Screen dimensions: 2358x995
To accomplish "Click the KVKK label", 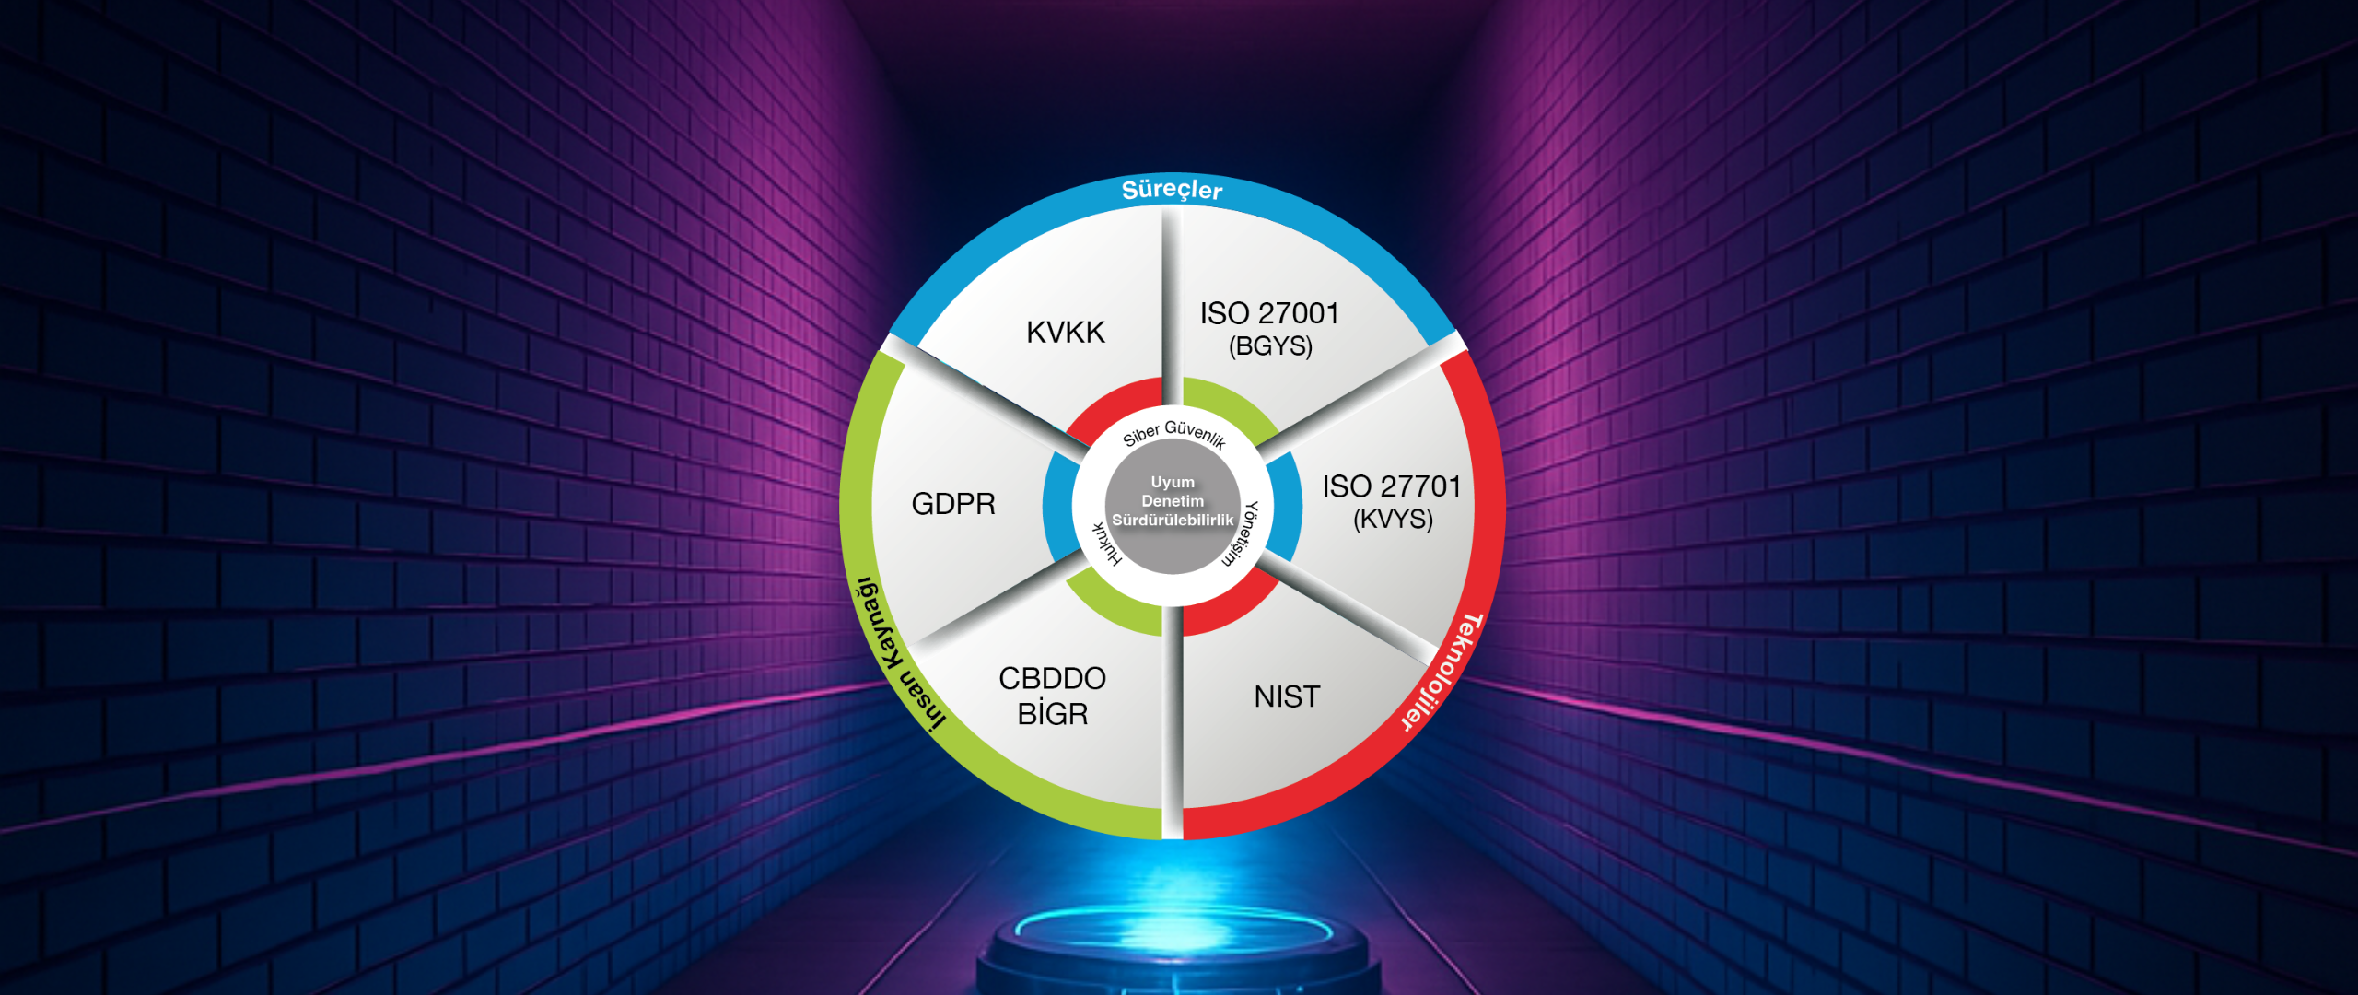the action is (1066, 332).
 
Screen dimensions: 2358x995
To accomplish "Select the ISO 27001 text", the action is (1269, 313).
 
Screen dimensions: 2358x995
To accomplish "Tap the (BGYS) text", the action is (1270, 346).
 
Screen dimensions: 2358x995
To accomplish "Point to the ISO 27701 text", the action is (1392, 486).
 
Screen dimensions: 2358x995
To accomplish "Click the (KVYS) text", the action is (1393, 520).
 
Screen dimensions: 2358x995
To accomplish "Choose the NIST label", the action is (1287, 696).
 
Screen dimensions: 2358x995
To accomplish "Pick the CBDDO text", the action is (1052, 678).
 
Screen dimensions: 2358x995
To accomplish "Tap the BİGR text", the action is (1053, 713).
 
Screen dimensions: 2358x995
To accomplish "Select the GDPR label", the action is (953, 504).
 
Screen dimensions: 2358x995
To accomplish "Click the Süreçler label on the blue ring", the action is (1172, 190).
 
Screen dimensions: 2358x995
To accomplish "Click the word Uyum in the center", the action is (1173, 482).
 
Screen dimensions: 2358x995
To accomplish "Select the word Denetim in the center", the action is (1173, 501).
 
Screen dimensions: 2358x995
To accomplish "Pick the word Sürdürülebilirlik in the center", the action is (1173, 521).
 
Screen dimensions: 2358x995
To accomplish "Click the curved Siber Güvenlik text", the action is (1174, 433).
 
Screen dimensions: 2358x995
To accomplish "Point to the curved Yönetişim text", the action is (1242, 533).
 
